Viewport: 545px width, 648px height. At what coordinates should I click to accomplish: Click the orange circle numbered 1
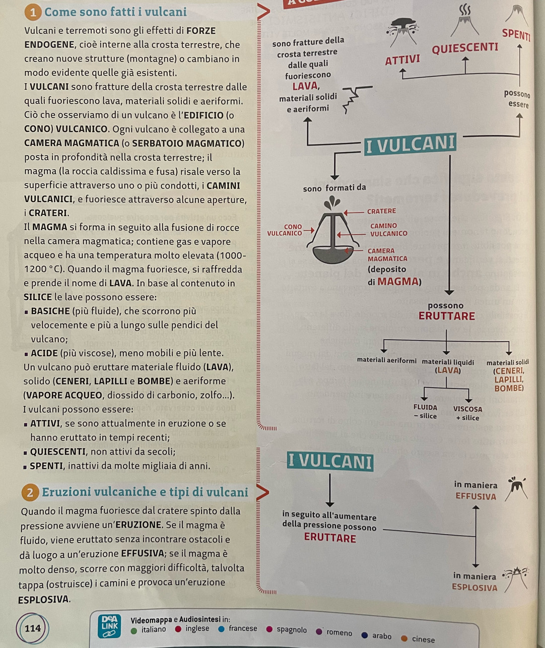pyautogui.click(x=33, y=13)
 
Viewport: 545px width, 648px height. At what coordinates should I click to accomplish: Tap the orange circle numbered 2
pyautogui.click(x=30, y=493)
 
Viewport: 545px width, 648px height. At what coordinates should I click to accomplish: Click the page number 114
pyautogui.click(x=33, y=628)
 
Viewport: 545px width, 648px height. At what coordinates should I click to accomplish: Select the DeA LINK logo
pyautogui.click(x=109, y=626)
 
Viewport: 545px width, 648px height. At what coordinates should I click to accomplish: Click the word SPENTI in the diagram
pyautogui.click(x=516, y=35)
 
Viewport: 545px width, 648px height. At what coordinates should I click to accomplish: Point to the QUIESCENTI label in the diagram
pyautogui.click(x=464, y=48)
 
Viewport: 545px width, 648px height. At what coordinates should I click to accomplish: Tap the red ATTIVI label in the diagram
pyautogui.click(x=402, y=60)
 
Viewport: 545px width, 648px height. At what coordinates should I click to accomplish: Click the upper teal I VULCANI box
pyautogui.click(x=410, y=145)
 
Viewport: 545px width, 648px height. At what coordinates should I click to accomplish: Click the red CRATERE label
pyautogui.click(x=381, y=211)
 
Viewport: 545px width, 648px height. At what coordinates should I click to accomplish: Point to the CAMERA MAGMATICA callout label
pyautogui.click(x=387, y=254)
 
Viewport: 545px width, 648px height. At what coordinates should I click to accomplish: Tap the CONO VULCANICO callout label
pyautogui.click(x=285, y=230)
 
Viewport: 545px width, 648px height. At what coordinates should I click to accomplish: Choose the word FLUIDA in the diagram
pyautogui.click(x=425, y=408)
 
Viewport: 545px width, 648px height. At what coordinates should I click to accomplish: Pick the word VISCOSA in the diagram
pyautogui.click(x=467, y=409)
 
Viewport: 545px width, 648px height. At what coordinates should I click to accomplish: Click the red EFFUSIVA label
pyautogui.click(x=475, y=496)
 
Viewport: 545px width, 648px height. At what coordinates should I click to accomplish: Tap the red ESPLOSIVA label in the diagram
pyautogui.click(x=474, y=588)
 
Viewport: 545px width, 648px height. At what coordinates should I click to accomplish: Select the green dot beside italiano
pyautogui.click(x=134, y=630)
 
